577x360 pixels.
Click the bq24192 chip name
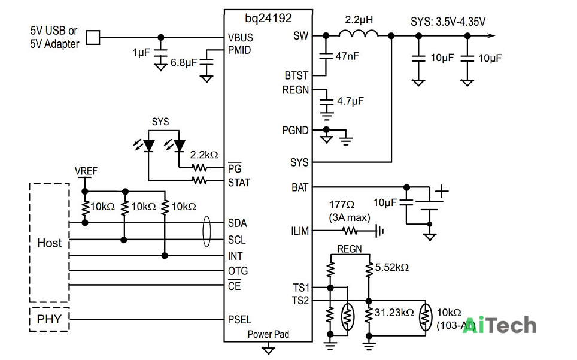pos(268,19)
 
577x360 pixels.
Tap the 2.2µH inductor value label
pos(359,20)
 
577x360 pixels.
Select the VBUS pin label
pos(240,38)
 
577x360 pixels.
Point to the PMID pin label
pos(239,50)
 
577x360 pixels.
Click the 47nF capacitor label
pos(347,56)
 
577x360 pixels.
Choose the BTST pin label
pos(296,76)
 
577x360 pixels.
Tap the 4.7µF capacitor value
pos(350,101)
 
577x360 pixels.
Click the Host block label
pos(49,243)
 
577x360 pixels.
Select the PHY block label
pos(49,319)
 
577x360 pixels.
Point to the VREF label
pos(86,171)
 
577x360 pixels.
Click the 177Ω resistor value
pos(342,205)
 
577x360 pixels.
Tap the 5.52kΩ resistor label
pos(392,267)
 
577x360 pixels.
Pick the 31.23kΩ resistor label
pos(394,313)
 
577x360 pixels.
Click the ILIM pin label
pos(300,231)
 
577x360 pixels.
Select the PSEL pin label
pos(239,319)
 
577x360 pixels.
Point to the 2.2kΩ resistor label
pos(204,155)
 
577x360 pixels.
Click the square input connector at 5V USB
pos(93,37)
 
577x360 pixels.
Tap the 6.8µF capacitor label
pos(184,62)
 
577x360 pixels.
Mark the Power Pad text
pos(268,334)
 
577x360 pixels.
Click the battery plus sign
pos(442,192)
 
